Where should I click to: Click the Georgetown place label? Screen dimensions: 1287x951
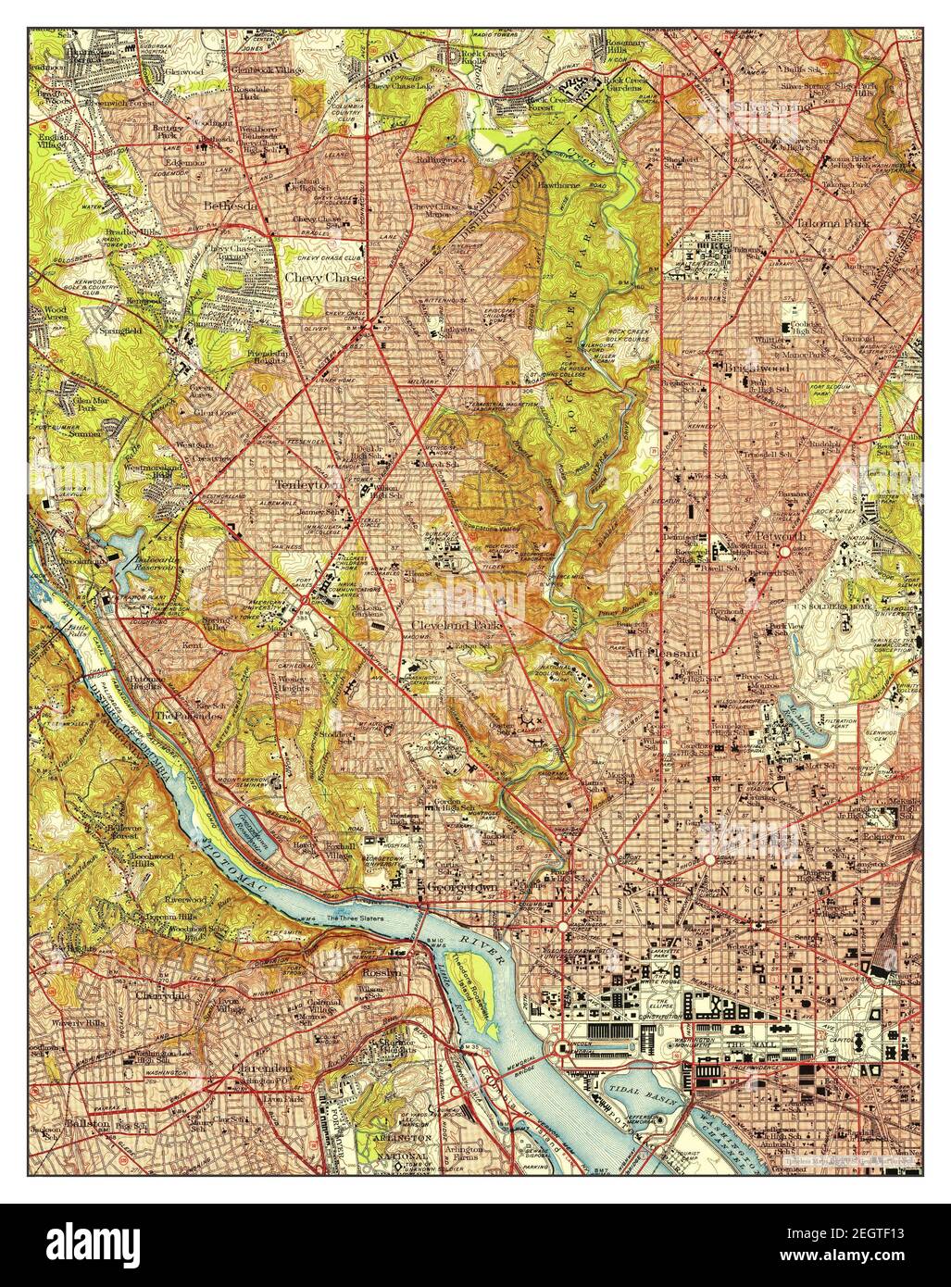[462, 886]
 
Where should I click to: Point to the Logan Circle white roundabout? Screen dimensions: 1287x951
[709, 859]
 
